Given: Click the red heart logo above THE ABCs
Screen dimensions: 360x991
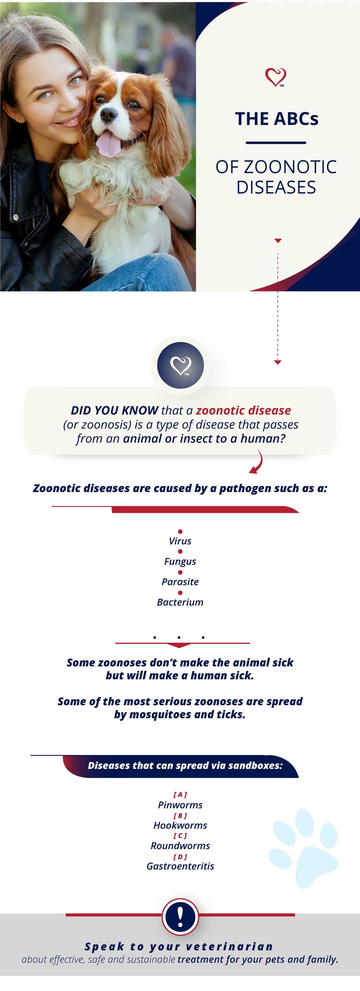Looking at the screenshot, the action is coord(276,77).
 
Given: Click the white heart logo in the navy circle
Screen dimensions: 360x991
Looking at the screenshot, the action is coord(181,365).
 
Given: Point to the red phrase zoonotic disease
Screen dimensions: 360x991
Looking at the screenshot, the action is coord(244,411).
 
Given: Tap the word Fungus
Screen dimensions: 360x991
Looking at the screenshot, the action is coord(180,562).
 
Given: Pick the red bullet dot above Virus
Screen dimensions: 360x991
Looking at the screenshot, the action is coord(180,532).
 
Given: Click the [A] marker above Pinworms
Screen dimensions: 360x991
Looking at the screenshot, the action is coord(180,795).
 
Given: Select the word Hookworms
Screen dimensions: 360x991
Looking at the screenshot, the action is coord(180,825).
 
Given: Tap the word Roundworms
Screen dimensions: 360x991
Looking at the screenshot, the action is coord(180,846).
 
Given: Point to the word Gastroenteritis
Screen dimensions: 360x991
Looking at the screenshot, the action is coord(180,866).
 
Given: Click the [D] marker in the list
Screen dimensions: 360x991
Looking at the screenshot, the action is coord(180,857).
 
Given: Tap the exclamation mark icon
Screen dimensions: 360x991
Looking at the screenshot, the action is coord(180,917).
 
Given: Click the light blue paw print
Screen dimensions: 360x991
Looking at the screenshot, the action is coord(304,849).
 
